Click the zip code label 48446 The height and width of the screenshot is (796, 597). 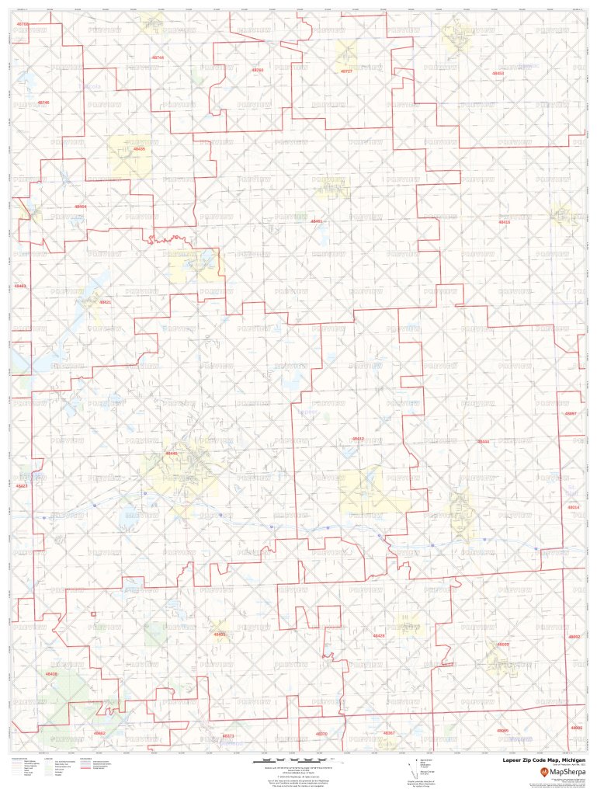point(172,454)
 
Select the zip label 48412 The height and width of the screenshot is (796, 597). point(358,439)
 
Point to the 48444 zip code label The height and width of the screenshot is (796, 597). point(483,441)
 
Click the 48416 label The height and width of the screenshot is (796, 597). point(505,222)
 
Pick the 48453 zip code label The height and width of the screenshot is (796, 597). point(498,73)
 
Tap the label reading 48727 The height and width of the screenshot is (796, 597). point(346,71)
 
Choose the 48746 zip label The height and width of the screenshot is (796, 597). point(43,103)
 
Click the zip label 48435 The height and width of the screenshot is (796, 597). point(139,148)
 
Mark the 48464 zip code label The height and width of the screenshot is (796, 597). point(81,207)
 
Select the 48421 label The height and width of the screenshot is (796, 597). point(106,302)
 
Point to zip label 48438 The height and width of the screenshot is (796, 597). point(51,674)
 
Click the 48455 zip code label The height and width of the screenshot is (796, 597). point(220,634)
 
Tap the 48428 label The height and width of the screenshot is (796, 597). point(379,636)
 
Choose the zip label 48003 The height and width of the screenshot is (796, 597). point(503,645)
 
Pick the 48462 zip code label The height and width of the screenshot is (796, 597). point(99,733)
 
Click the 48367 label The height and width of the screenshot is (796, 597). point(389,733)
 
